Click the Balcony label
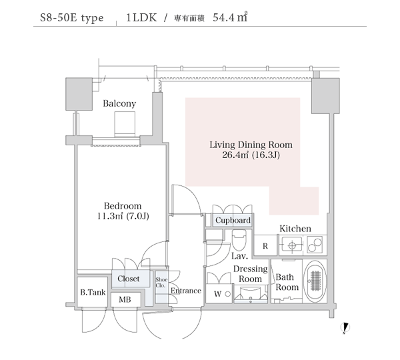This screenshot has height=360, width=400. click(x=119, y=103)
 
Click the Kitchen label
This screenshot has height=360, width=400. click(x=295, y=229)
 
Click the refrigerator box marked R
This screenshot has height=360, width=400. click(x=265, y=246)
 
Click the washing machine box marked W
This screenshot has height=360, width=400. click(x=217, y=293)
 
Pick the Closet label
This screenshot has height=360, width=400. click(x=128, y=279)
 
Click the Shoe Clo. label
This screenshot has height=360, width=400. click(x=161, y=283)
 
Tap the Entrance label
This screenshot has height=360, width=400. click(x=186, y=291)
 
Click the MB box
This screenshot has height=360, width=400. click(x=125, y=299)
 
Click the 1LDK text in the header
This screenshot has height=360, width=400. click(x=141, y=19)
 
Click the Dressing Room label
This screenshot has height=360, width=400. click(x=250, y=273)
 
